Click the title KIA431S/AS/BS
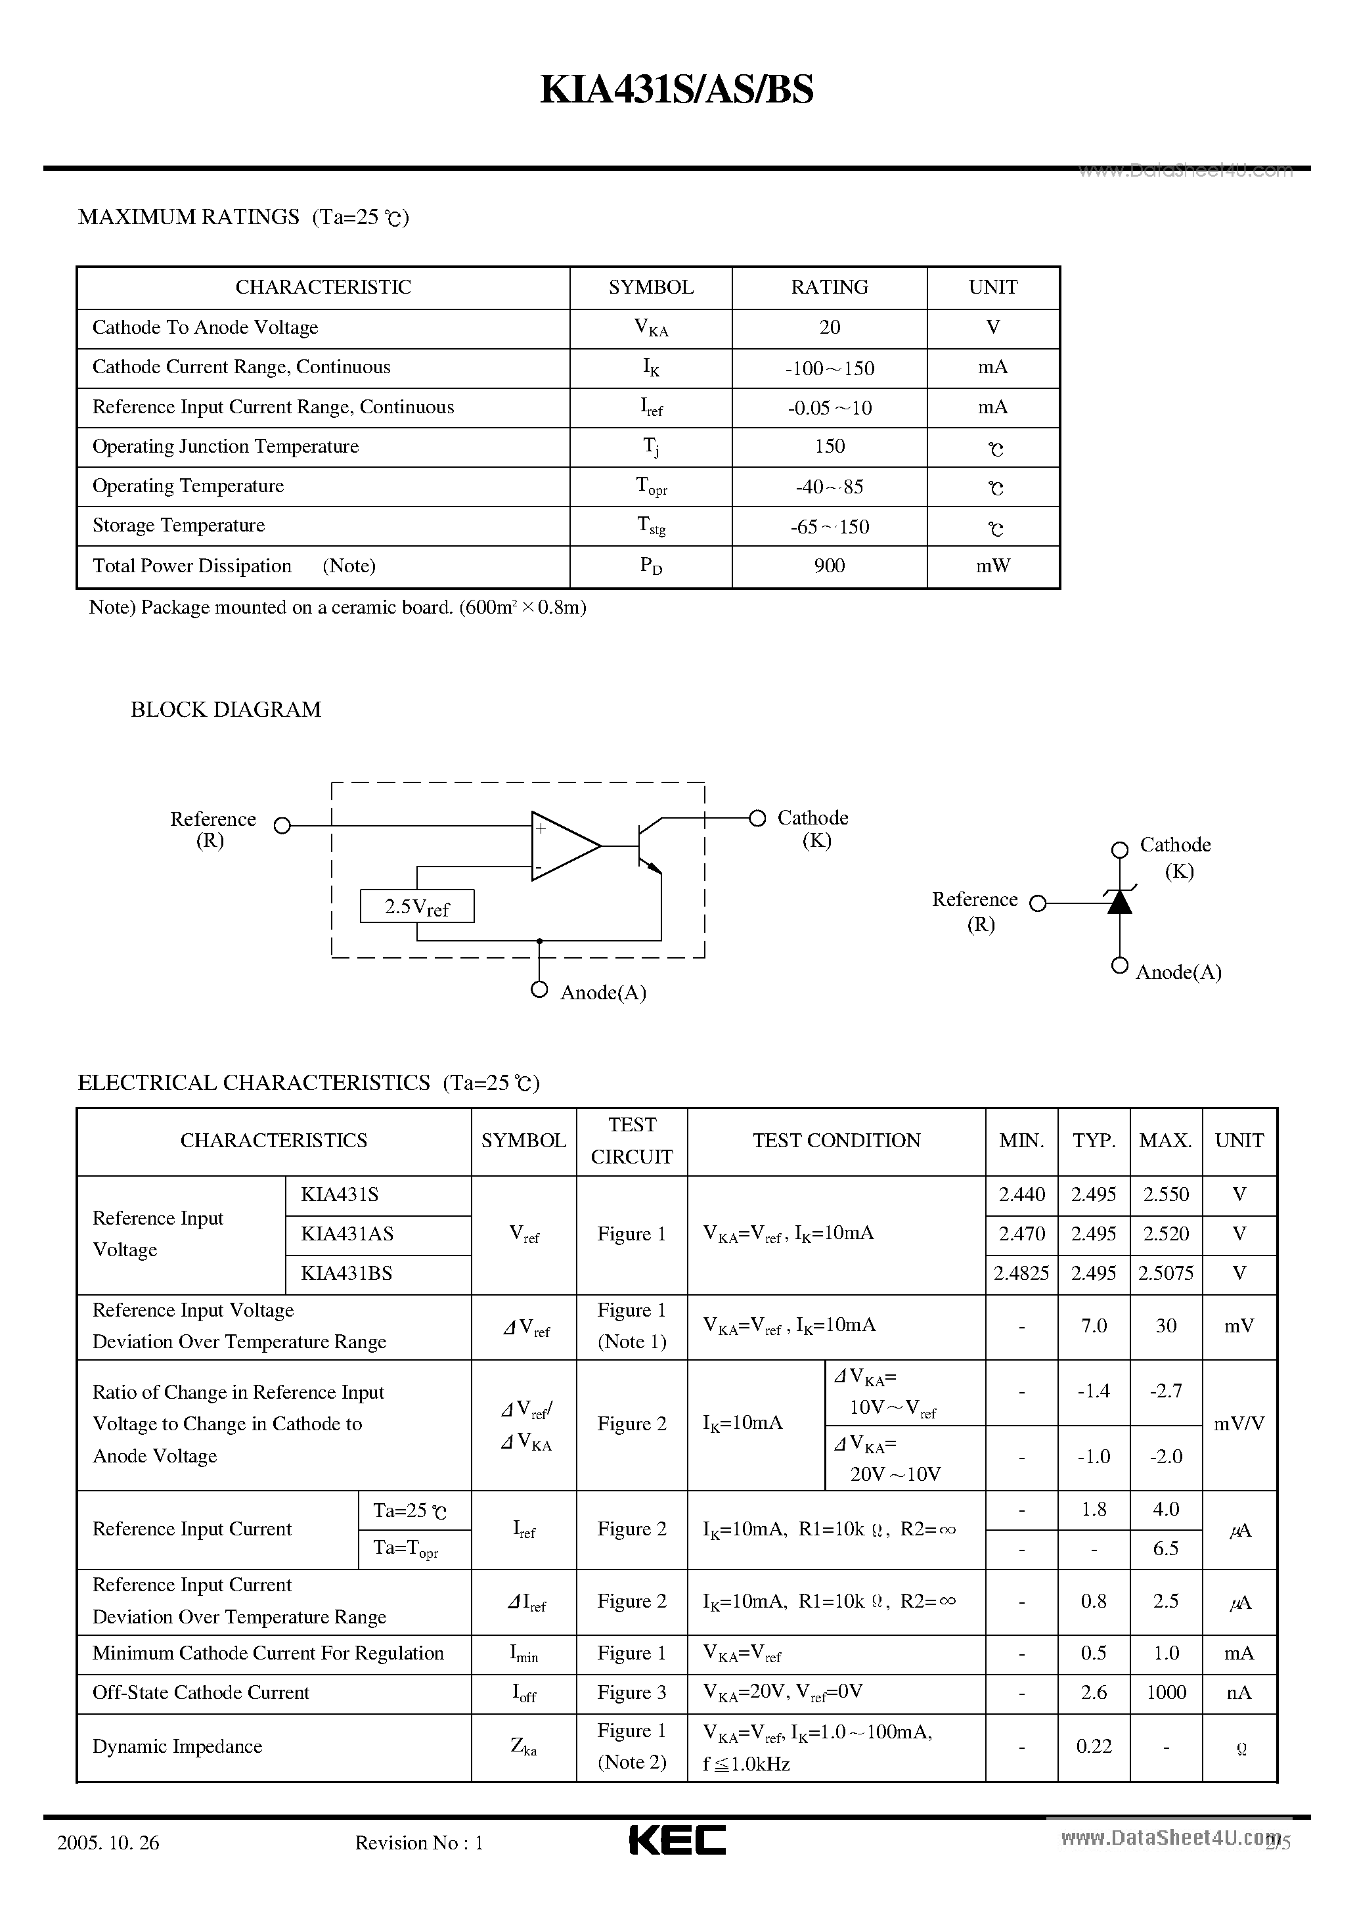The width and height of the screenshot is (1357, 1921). pyautogui.click(x=676, y=91)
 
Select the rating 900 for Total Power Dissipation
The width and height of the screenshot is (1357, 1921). pyautogui.click(x=829, y=566)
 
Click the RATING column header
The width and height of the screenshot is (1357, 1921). pyautogui.click(x=829, y=287)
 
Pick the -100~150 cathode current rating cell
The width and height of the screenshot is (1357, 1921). pyautogui.click(x=829, y=368)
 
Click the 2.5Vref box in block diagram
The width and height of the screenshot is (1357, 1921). pyautogui.click(x=416, y=906)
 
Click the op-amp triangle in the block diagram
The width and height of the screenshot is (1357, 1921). pyautogui.click(x=562, y=846)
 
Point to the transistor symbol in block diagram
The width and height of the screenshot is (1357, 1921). pyautogui.click(x=646, y=846)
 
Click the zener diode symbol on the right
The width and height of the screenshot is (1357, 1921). pyautogui.click(x=1119, y=901)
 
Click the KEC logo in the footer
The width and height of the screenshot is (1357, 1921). pyautogui.click(x=677, y=1840)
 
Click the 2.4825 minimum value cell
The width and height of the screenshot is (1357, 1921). pyautogui.click(x=1021, y=1273)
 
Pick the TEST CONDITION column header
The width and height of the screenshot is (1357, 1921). pyautogui.click(x=835, y=1141)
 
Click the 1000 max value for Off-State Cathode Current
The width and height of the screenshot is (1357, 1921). pyautogui.click(x=1165, y=1692)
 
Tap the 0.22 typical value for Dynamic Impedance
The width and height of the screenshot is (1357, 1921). pyautogui.click(x=1094, y=1746)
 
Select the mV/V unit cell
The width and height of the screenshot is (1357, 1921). pyautogui.click(x=1238, y=1423)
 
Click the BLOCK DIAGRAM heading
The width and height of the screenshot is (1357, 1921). pyautogui.click(x=226, y=710)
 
